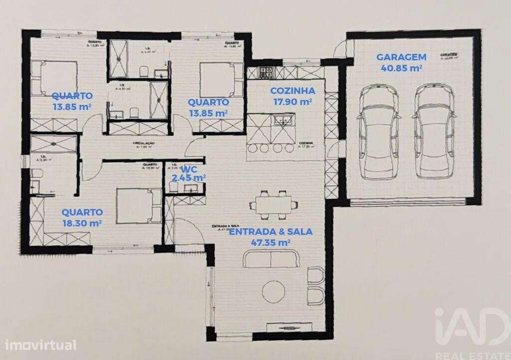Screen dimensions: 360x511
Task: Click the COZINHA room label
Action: coord(292,91)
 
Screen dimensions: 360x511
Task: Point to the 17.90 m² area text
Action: coord(292,102)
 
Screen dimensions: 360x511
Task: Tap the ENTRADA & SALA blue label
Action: coord(271,231)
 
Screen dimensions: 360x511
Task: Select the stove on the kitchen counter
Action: coord(265,73)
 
